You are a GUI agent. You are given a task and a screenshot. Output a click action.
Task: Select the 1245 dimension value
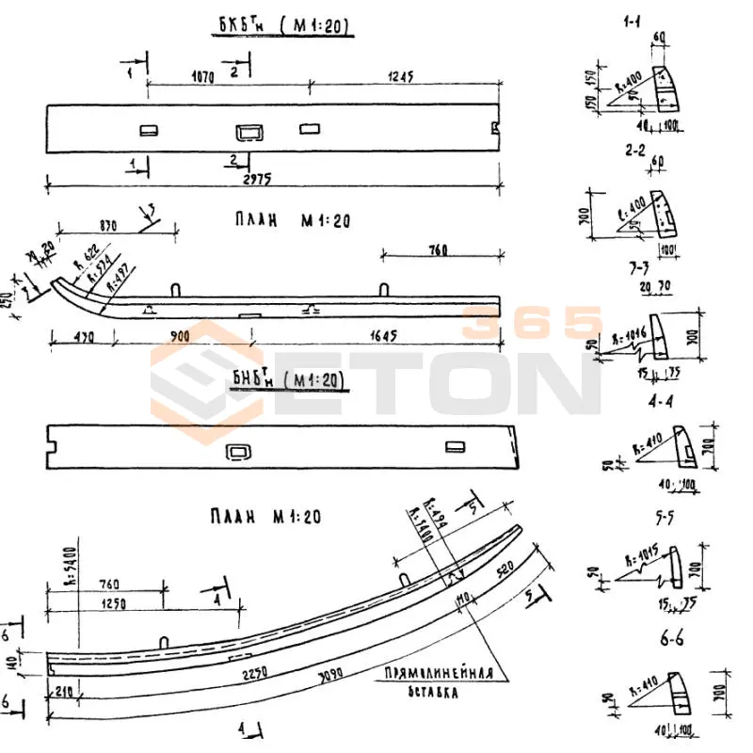396,76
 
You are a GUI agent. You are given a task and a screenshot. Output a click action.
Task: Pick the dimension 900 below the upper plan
180,336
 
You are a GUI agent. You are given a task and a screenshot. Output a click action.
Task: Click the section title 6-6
671,640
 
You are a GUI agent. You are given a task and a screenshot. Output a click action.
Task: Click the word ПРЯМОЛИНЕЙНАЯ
437,674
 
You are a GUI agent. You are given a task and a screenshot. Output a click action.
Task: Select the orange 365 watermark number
531,322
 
